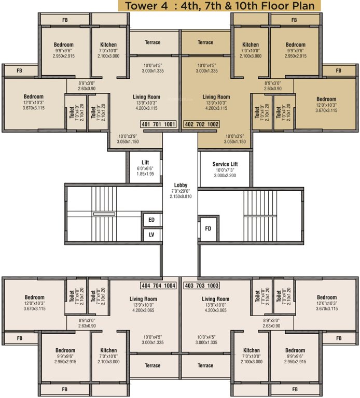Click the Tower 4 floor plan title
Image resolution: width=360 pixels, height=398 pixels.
click(219, 6)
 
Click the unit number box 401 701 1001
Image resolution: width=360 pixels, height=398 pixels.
click(158, 124)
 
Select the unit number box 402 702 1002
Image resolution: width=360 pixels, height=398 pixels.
click(202, 124)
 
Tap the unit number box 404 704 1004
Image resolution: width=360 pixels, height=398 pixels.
click(158, 286)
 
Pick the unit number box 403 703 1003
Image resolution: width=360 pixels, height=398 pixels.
click(202, 286)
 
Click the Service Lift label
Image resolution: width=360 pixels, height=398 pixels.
click(225, 164)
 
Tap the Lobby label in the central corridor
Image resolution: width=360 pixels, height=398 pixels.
click(181, 185)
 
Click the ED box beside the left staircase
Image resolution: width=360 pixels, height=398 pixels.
click(151, 220)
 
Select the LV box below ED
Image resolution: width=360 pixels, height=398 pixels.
click(151, 235)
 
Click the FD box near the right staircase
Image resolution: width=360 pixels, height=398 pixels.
click(208, 228)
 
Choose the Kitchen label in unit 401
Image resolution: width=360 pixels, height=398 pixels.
click(108, 45)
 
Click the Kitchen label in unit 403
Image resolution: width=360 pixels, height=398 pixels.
click(252, 350)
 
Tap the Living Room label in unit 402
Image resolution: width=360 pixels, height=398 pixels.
click(216, 97)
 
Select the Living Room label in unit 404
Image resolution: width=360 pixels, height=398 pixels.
click(143, 299)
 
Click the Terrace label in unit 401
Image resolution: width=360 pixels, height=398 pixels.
click(153, 42)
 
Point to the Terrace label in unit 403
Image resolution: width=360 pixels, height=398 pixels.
click(205, 365)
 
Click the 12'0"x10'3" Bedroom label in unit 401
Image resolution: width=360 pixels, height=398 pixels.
click(34, 96)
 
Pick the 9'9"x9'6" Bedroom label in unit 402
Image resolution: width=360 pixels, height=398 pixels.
click(296, 45)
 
